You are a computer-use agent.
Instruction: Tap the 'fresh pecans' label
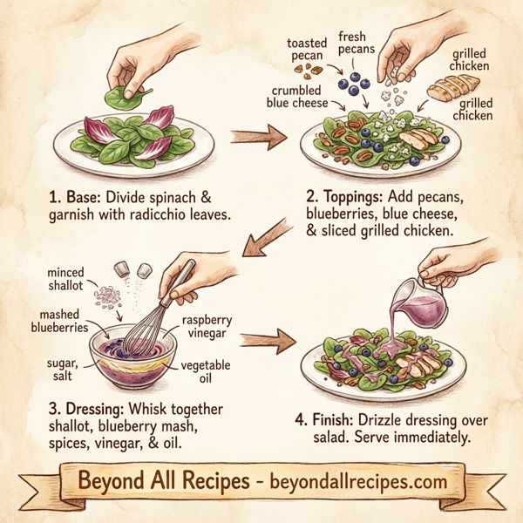coord(357,43)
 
